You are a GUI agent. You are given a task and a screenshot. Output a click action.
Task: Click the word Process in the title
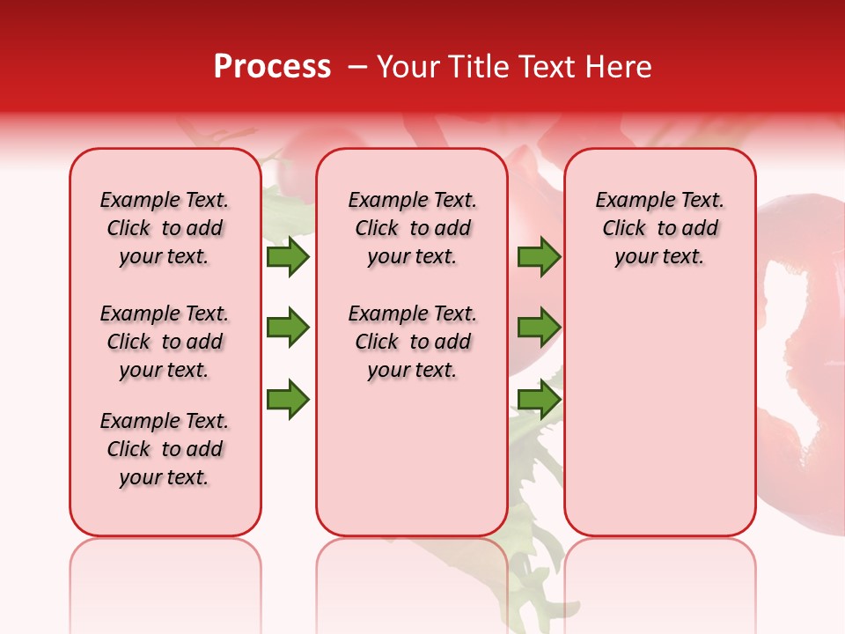(x=272, y=67)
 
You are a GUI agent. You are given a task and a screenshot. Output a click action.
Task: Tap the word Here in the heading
(x=619, y=67)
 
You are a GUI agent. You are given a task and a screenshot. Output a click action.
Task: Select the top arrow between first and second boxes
(x=287, y=257)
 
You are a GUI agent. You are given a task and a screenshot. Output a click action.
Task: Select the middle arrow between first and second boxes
(x=287, y=328)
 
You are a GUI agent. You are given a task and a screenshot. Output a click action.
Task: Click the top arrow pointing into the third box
(x=539, y=257)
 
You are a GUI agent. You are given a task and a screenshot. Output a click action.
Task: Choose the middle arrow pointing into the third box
(x=539, y=328)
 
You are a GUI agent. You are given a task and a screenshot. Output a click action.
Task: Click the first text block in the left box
(x=165, y=228)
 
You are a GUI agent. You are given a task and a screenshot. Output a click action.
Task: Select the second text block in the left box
(x=165, y=342)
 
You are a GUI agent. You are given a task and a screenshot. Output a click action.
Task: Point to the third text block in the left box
(x=165, y=449)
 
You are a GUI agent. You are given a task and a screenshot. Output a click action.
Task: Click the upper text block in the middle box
(x=412, y=228)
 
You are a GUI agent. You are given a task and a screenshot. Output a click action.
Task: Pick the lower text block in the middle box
(x=412, y=342)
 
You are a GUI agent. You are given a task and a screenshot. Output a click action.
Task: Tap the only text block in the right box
(x=659, y=228)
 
